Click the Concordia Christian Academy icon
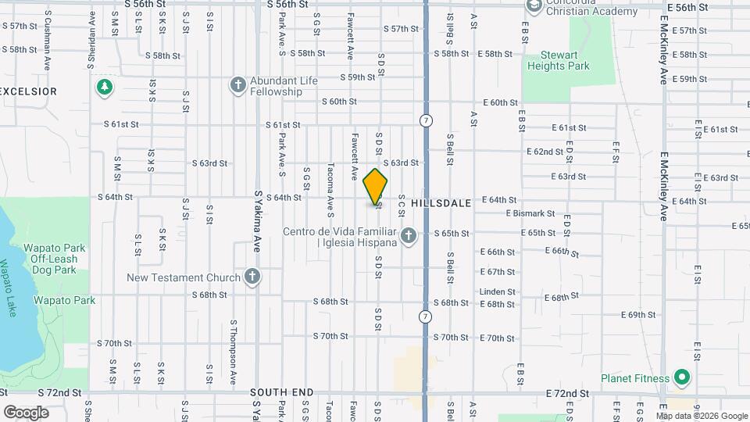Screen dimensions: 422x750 [534, 7]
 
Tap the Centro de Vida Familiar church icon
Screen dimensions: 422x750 [408, 235]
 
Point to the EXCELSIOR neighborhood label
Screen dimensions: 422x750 [29, 91]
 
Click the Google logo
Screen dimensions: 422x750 [26, 412]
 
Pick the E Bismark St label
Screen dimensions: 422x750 [530, 213]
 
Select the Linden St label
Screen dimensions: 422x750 [498, 291]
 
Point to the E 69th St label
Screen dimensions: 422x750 [638, 314]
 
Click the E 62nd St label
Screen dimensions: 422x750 [545, 151]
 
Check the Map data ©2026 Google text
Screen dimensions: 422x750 [702, 416]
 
